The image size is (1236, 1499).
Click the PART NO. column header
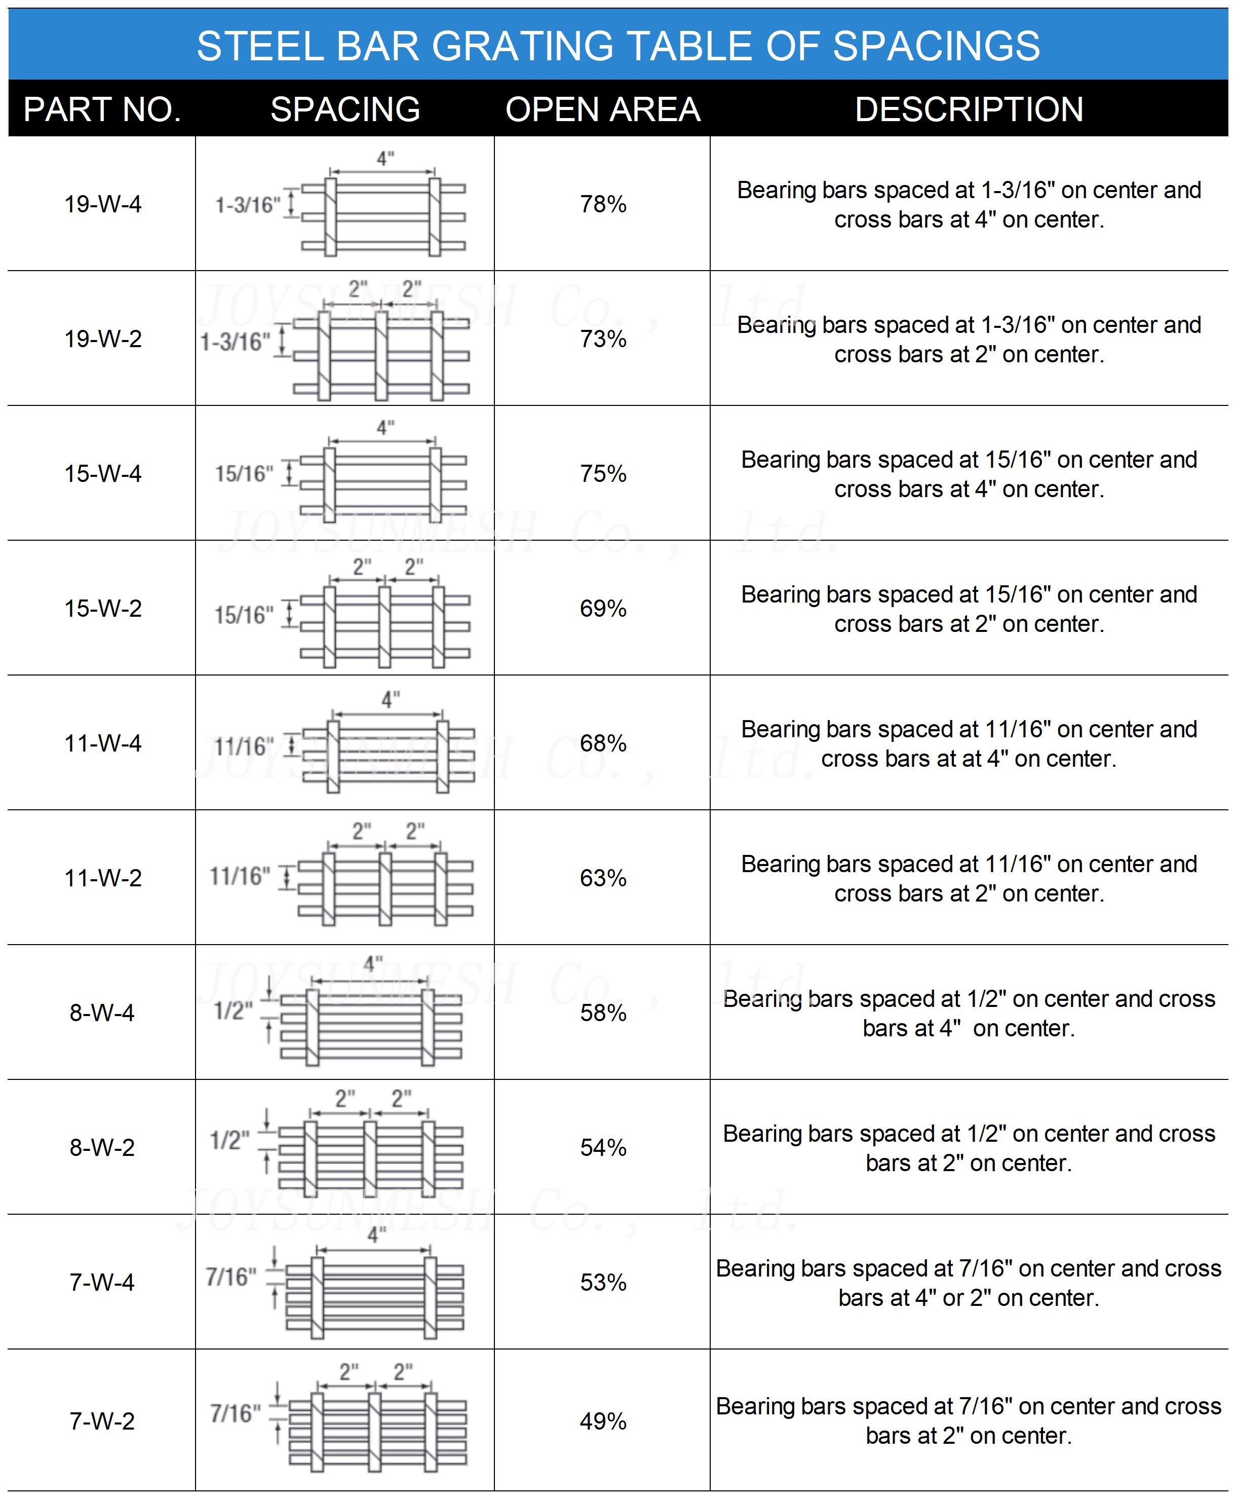tap(102, 109)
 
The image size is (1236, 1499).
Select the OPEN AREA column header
tap(602, 109)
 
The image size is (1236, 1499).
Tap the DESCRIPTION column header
tap(969, 109)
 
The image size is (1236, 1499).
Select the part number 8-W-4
tap(102, 1013)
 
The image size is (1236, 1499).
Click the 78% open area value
tap(602, 204)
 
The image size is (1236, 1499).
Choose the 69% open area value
tap(602, 608)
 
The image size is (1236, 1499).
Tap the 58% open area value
tap(602, 1013)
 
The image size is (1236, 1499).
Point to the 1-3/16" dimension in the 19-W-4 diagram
tap(248, 205)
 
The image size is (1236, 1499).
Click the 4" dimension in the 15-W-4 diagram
tap(385, 427)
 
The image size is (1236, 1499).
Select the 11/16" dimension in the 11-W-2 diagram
tap(240, 876)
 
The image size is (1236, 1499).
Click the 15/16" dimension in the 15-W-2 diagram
tap(244, 615)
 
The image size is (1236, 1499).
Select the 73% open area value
tap(602, 339)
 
